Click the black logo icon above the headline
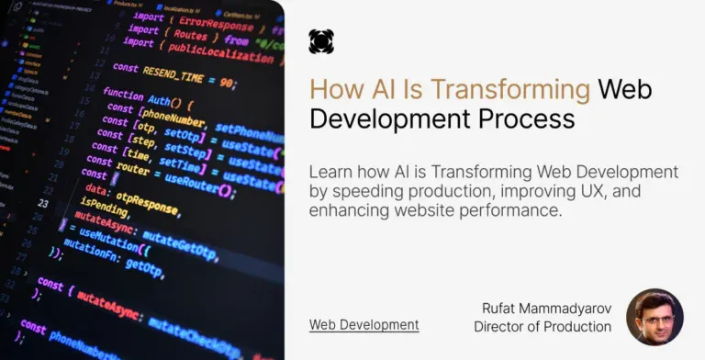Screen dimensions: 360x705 321,41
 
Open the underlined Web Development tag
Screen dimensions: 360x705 364,324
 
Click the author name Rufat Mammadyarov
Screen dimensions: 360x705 546,309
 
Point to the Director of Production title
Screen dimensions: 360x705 543,326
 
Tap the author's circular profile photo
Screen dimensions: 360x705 655,317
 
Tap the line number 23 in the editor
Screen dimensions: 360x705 43,202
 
